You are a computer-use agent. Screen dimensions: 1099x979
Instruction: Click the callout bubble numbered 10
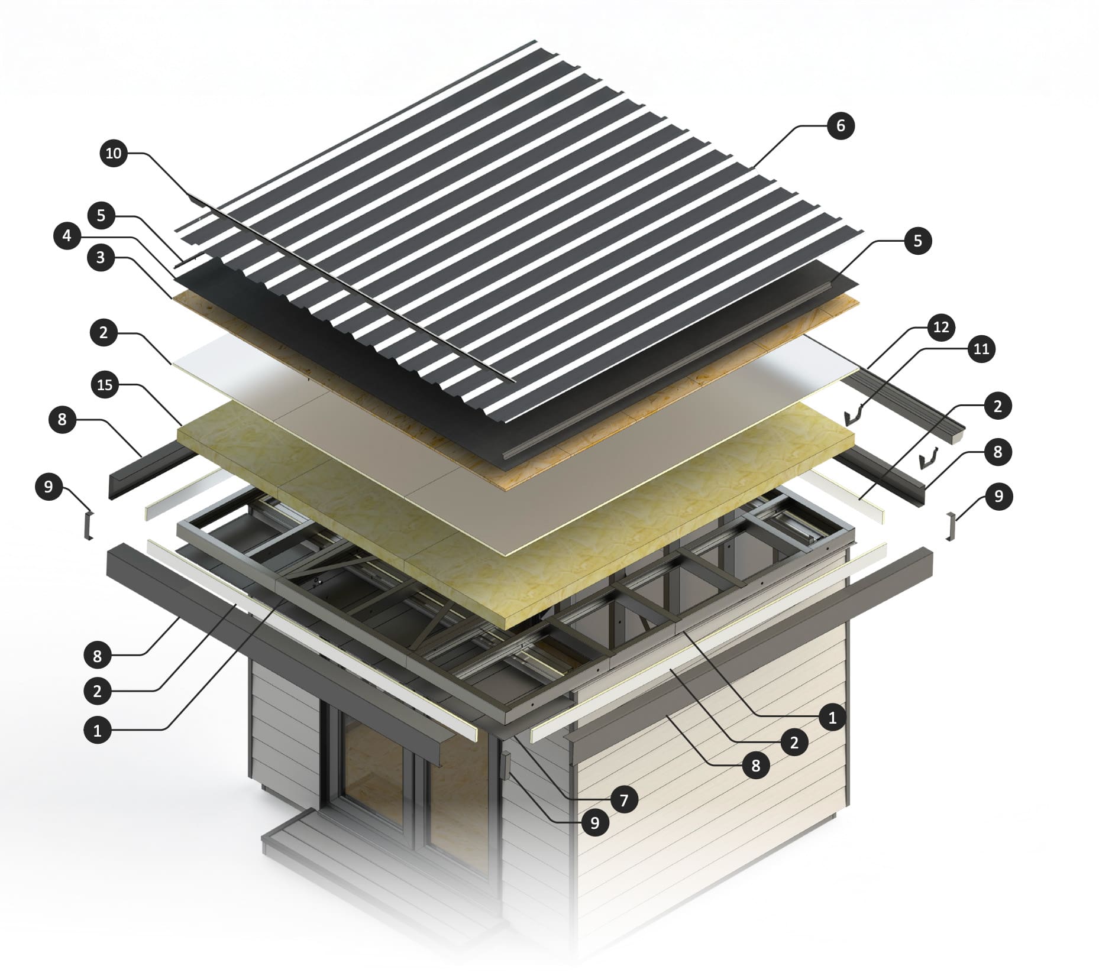113,154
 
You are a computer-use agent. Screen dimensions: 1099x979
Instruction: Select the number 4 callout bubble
67,236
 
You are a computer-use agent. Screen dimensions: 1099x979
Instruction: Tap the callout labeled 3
101,258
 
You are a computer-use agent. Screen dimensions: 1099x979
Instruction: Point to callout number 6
841,126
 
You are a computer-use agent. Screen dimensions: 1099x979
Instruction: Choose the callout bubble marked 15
105,385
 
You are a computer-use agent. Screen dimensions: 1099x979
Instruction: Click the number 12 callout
941,327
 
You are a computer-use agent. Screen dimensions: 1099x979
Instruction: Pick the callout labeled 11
981,349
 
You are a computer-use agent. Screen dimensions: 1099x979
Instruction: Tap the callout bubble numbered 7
624,800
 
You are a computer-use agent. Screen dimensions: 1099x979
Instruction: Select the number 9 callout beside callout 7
595,822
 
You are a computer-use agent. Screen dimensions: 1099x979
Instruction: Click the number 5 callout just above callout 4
101,215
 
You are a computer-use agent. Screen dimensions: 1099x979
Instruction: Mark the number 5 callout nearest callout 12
917,241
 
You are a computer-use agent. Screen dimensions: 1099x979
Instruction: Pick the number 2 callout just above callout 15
104,333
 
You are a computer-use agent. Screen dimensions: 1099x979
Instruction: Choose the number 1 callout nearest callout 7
832,718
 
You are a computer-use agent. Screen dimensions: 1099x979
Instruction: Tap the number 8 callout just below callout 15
63,420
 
